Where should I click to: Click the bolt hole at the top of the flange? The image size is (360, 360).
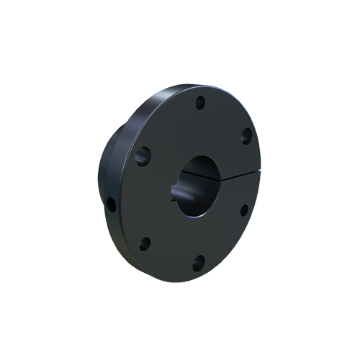click(x=201, y=102)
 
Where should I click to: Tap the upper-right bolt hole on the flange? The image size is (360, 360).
click(x=246, y=135)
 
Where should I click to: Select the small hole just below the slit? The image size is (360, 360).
click(x=243, y=210)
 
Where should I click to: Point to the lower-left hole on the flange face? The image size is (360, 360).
click(x=144, y=243)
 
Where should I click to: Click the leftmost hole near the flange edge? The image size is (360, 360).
click(x=112, y=204)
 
